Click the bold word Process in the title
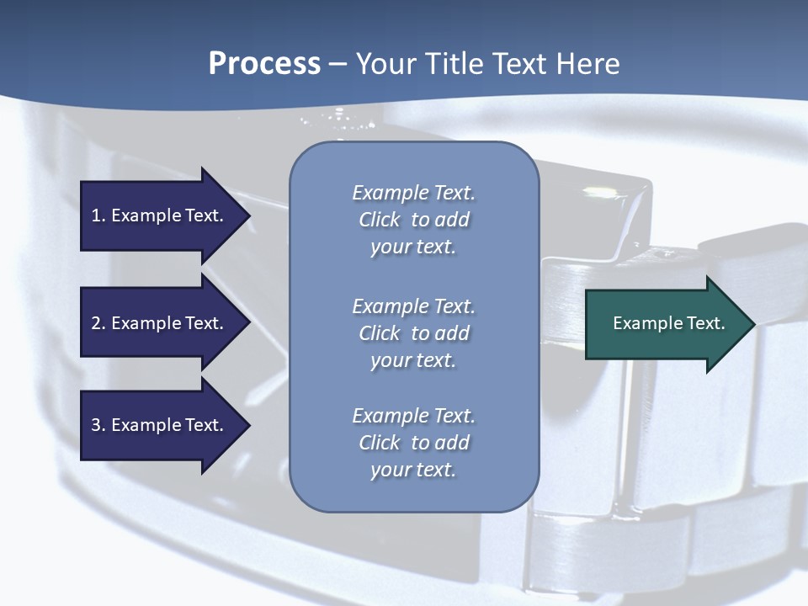[264, 64]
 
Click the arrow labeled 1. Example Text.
[160, 215]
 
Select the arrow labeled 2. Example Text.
[160, 323]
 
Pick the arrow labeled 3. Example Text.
[160, 425]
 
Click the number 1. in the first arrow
[98, 215]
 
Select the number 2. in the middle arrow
[98, 323]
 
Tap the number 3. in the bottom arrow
[98, 425]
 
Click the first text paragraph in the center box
[413, 220]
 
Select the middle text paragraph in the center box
[413, 333]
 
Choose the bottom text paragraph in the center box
[413, 443]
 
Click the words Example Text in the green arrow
[668, 323]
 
